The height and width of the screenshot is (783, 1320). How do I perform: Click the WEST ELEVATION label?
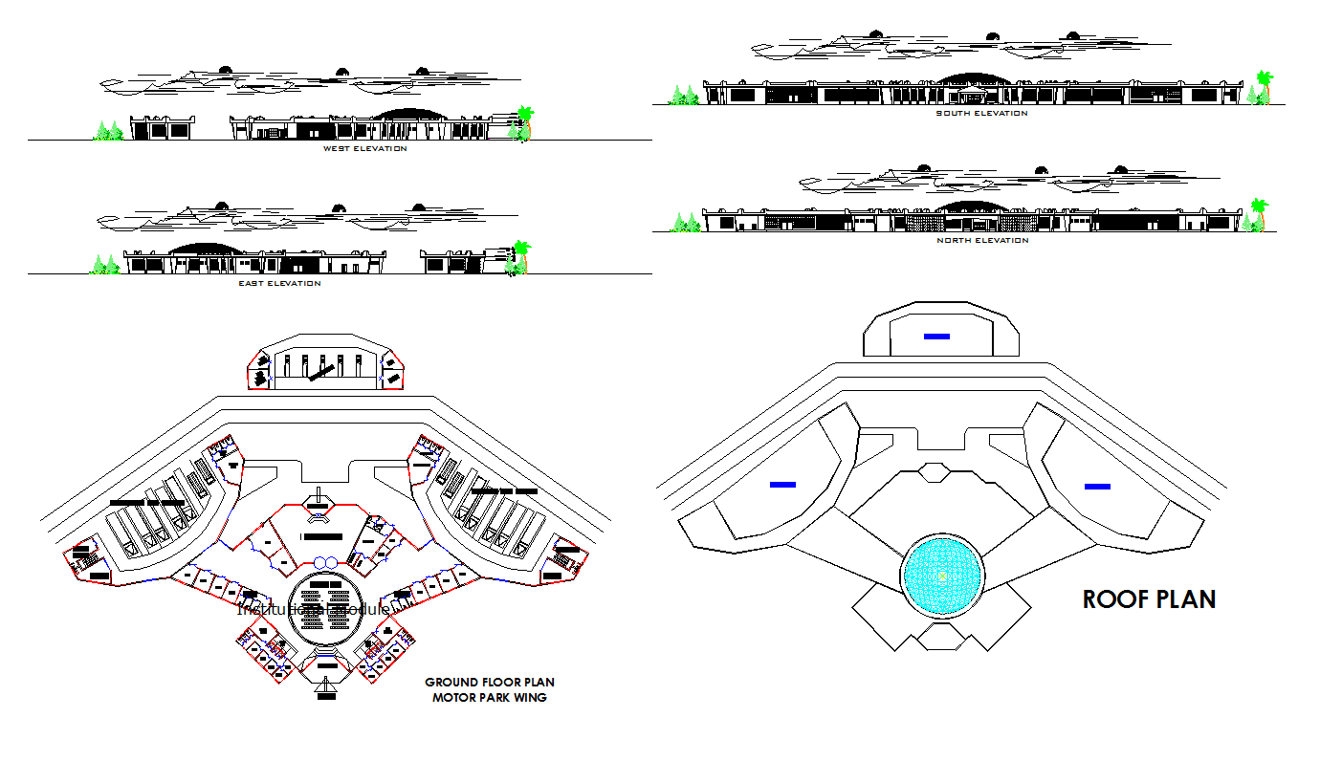(364, 149)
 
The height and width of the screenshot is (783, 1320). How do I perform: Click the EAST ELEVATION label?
(279, 284)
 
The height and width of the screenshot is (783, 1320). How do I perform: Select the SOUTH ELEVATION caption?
(981, 114)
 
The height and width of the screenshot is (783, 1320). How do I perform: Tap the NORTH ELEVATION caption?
(981, 241)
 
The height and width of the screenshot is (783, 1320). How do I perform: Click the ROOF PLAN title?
(1149, 599)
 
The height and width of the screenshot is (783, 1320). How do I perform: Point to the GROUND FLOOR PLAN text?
(489, 683)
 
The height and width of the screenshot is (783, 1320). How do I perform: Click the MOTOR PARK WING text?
(489, 698)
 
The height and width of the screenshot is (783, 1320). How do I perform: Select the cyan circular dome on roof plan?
(942, 576)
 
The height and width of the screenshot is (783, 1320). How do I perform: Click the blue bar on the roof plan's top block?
(936, 336)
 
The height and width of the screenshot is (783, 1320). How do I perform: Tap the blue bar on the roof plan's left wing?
(782, 485)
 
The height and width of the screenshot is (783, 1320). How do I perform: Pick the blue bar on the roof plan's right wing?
(1097, 487)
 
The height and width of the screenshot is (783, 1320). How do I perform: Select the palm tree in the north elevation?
(1259, 216)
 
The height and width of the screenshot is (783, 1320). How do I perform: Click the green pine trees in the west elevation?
(108, 131)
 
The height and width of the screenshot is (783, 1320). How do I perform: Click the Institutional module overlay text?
(313, 609)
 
